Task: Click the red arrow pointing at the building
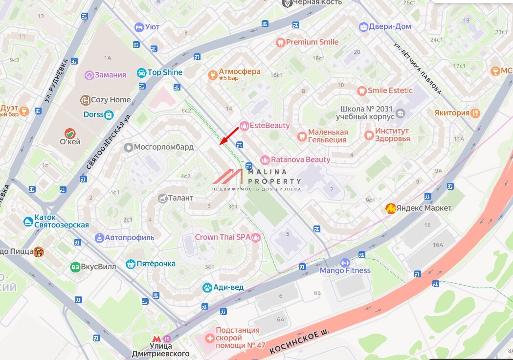click(229, 135)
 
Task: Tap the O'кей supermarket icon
click(70, 133)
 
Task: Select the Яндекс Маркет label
click(424, 208)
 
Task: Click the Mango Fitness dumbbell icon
click(345, 263)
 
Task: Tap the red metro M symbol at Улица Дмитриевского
click(156, 338)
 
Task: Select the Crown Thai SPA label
click(223, 237)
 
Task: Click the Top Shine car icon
click(142, 72)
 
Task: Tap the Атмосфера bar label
click(240, 72)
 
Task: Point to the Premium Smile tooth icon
click(280, 42)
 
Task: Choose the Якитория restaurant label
click(451, 113)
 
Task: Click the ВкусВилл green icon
click(75, 267)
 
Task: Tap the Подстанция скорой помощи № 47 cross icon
click(209, 337)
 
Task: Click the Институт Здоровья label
click(392, 135)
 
